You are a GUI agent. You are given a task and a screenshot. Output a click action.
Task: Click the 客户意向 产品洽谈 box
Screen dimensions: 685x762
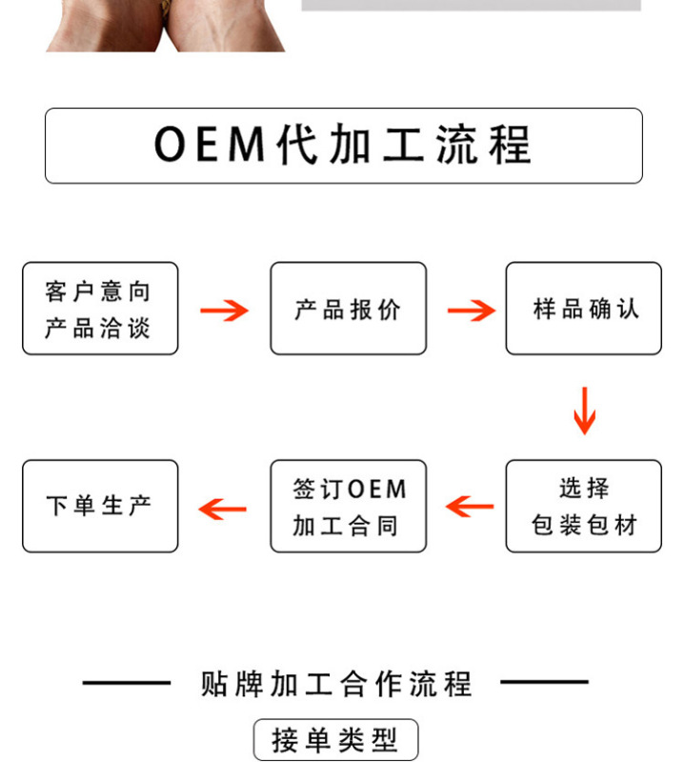(x=100, y=309)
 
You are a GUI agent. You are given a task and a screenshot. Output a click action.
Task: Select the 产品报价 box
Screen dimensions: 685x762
(x=348, y=309)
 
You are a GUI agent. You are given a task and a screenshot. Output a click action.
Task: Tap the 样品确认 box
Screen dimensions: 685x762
(x=583, y=309)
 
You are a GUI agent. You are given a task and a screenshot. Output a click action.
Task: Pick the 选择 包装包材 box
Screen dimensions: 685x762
(x=583, y=506)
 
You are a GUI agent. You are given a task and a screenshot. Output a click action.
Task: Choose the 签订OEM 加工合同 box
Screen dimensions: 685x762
(x=348, y=506)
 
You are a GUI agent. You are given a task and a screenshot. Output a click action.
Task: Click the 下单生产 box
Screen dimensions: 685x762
(x=100, y=506)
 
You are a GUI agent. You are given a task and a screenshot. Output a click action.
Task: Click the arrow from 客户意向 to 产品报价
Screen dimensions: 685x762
(x=224, y=310)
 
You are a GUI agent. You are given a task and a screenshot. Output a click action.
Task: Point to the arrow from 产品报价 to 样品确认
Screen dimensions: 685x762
(x=472, y=310)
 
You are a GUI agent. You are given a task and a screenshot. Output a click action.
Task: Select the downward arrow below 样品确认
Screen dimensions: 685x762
(x=584, y=410)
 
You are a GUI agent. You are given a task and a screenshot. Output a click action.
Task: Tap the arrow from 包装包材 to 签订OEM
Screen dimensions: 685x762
(x=470, y=507)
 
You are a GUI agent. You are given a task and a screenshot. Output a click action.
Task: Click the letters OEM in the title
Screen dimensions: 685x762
(x=208, y=146)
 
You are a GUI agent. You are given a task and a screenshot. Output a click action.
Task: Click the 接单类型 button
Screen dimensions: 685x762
(x=335, y=740)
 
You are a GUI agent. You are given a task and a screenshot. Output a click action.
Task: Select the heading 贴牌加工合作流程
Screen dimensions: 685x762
(x=336, y=683)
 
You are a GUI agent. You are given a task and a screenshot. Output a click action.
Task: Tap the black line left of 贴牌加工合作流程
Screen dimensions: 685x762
(x=126, y=683)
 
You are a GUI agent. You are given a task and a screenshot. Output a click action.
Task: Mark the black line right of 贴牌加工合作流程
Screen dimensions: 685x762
(x=544, y=683)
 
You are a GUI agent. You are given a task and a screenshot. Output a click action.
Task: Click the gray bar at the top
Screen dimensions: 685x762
(x=471, y=5)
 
